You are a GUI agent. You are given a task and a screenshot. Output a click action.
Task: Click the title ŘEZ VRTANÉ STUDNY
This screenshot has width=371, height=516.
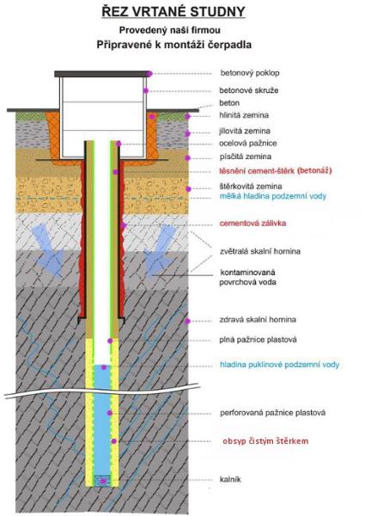pyautogui.click(x=173, y=11)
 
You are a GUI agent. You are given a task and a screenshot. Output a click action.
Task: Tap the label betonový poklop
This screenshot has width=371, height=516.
pyautogui.click(x=250, y=73)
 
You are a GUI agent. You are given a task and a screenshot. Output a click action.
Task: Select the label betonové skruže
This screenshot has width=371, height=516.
pyautogui.click(x=249, y=90)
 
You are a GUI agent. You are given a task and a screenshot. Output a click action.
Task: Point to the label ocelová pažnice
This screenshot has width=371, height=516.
pyautogui.click(x=248, y=143)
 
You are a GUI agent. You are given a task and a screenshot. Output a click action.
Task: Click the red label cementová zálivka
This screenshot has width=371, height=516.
pyautogui.click(x=252, y=223)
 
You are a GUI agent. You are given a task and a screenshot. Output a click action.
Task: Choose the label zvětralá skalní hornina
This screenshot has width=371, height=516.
pyautogui.click(x=260, y=251)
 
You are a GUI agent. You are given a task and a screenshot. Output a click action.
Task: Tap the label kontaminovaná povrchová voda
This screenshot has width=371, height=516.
pyautogui.click(x=248, y=277)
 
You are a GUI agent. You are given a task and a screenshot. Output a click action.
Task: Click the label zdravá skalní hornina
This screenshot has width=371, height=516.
pyautogui.click(x=258, y=320)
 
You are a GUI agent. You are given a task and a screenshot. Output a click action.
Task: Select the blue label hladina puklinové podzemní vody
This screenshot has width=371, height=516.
pyautogui.click(x=279, y=365)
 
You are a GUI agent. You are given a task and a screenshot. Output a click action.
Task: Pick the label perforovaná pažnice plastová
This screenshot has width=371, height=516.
pyautogui.click(x=273, y=413)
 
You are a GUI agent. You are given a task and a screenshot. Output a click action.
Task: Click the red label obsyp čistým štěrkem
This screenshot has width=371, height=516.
pyautogui.click(x=265, y=441)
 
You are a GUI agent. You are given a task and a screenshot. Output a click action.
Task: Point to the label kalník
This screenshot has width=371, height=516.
pyautogui.click(x=230, y=479)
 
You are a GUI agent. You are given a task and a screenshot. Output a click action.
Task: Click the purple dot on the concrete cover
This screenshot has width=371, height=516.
pyautogui.click(x=149, y=74)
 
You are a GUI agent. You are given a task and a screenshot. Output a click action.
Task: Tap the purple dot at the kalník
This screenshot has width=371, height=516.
pyautogui.click(x=103, y=481)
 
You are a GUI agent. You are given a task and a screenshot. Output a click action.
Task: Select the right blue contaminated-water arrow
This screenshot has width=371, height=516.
pyautogui.click(x=160, y=250)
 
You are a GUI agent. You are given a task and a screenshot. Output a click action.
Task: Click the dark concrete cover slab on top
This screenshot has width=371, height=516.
pyautogui.click(x=101, y=74)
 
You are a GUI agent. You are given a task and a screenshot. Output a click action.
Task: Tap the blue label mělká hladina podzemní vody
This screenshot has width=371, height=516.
pyautogui.click(x=273, y=196)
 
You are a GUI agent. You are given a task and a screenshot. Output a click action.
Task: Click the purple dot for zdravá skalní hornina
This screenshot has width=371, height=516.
pyautogui.click(x=187, y=321)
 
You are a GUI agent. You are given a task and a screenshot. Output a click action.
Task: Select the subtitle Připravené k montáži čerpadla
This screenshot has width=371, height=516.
pyautogui.click(x=174, y=45)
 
